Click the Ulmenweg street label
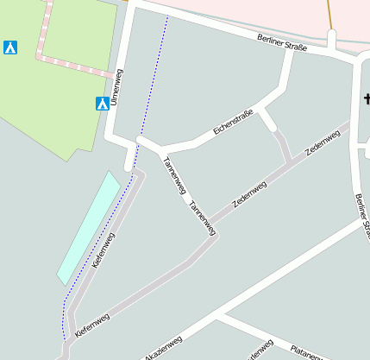coord(118,92)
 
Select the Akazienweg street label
coord(163,347)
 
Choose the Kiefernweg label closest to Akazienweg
coord(92,324)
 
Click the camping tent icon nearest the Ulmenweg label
coord(102,104)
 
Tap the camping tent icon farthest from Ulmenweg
coord(10,47)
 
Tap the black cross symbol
coord(366,99)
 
